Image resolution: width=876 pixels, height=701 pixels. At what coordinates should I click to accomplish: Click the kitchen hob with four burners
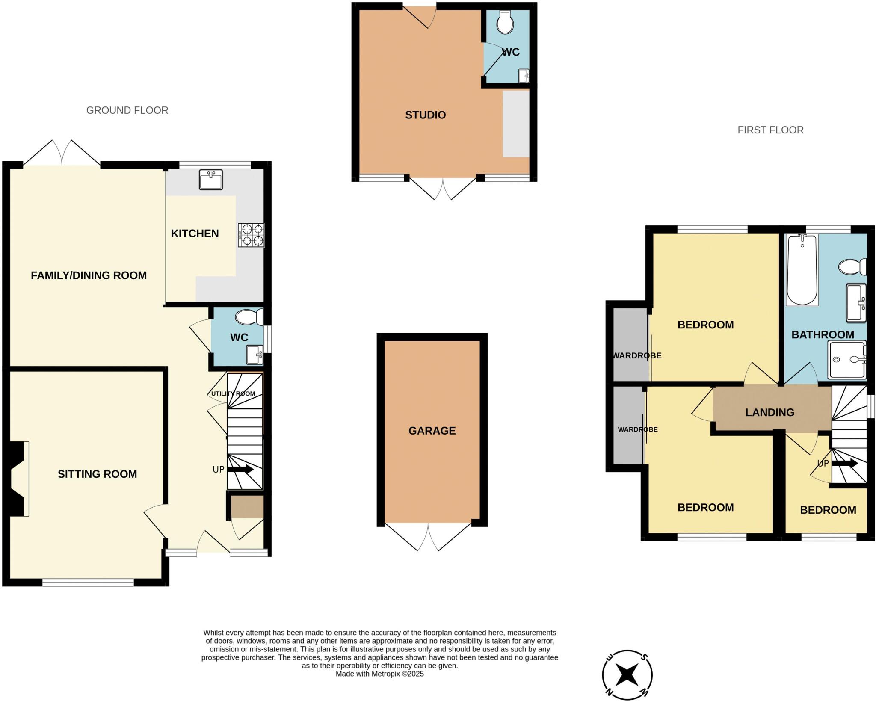pos(252,235)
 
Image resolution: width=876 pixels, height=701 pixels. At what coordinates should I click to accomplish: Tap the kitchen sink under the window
pos(211,180)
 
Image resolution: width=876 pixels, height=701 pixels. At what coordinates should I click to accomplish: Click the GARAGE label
pos(432,431)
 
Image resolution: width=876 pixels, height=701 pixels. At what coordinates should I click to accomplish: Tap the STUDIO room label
pos(425,115)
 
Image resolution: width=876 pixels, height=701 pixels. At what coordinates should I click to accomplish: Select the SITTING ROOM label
pos(97,474)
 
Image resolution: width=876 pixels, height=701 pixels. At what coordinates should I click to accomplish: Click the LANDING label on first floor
pos(769,412)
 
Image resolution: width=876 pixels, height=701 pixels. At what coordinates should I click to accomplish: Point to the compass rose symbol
pos(627,676)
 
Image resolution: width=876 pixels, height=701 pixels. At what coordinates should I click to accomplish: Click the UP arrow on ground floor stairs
pos(240,470)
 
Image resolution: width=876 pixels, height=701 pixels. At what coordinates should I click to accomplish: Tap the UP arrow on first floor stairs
pos(844,464)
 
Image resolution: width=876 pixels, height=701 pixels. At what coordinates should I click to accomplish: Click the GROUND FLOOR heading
pos(127,110)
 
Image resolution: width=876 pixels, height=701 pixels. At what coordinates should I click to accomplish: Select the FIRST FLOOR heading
pos(770,130)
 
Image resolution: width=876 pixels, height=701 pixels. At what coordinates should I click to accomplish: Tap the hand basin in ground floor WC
pos(255,355)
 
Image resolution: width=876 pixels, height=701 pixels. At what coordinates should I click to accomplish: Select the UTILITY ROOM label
pos(233,393)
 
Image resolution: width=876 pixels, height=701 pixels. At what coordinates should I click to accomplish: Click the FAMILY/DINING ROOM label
pos(89,275)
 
